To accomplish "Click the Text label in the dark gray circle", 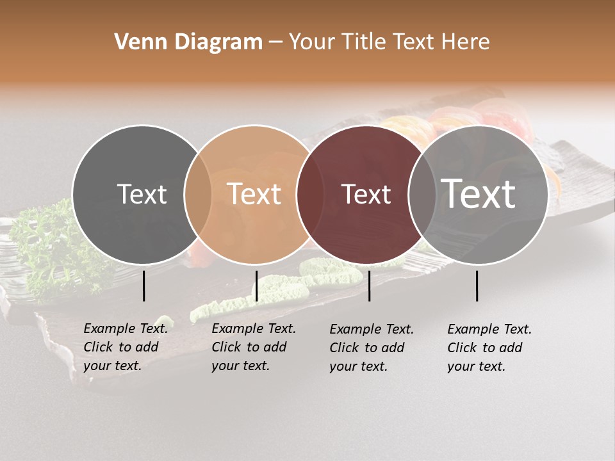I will pyautogui.click(x=142, y=194).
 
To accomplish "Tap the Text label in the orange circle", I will pyautogui.click(x=254, y=194).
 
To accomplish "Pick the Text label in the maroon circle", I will pyautogui.click(x=366, y=194).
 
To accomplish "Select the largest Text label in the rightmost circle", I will pyautogui.click(x=479, y=194).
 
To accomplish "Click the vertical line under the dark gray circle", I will pyautogui.click(x=144, y=286).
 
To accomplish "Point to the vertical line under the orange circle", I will pyautogui.click(x=256, y=286).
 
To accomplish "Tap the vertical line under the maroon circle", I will pyautogui.click(x=370, y=286).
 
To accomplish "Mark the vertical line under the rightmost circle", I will pyautogui.click(x=477, y=286).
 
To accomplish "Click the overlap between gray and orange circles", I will pyautogui.click(x=197, y=194).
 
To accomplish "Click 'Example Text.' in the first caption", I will pyautogui.click(x=126, y=328).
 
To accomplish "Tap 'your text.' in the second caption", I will pyautogui.click(x=240, y=366).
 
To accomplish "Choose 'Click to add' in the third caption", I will pyautogui.click(x=367, y=347).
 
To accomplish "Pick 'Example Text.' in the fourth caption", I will pyautogui.click(x=489, y=329).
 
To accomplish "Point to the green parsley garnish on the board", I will pyautogui.click(x=51, y=243).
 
